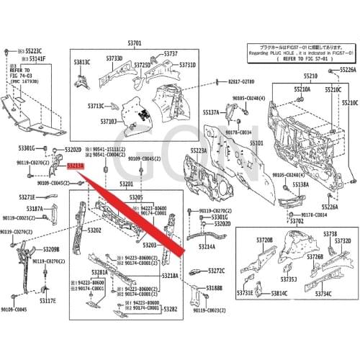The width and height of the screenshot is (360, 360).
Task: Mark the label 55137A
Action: coord(211,113)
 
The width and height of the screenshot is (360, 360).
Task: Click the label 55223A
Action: coord(199,150)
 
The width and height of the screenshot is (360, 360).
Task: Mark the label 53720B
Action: coord(264,239)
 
